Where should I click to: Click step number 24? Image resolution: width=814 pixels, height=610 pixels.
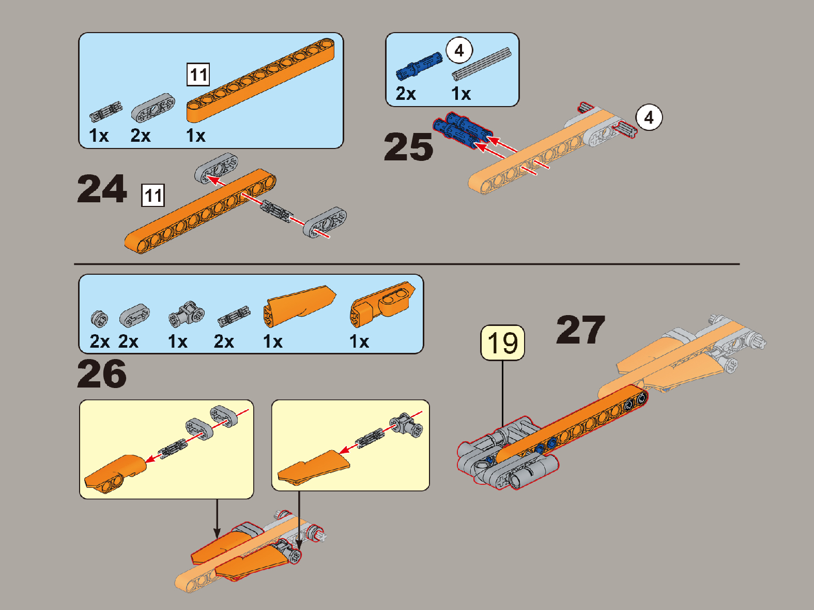coord(102,189)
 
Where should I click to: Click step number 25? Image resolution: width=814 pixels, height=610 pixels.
coord(408,147)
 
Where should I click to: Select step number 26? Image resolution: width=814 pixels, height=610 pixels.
coord(102,374)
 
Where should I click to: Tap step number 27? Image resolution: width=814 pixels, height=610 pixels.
coord(581,330)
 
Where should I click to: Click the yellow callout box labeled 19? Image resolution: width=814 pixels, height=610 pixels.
coord(502,343)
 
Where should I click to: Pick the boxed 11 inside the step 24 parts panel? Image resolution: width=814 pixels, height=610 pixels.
coord(198,75)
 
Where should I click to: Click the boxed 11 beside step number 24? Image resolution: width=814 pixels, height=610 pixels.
coord(153,195)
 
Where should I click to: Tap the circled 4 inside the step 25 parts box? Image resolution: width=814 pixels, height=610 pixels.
coord(459,50)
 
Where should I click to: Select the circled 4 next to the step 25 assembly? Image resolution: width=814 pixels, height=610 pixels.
coord(649,117)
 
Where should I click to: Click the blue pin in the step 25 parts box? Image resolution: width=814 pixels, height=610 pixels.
coord(419,66)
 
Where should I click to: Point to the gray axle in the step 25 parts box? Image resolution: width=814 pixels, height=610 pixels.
coord(481,64)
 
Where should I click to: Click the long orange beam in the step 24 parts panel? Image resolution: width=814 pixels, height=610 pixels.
coord(260,80)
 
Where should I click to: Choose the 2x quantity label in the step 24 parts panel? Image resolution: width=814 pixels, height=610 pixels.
coord(141,136)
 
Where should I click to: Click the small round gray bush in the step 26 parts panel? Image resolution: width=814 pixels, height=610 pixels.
coord(99,319)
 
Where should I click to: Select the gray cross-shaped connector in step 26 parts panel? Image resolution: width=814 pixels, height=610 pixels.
coord(186,314)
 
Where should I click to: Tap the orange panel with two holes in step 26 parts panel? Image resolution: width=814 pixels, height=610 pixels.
coord(382,304)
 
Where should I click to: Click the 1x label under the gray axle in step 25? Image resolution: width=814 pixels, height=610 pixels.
coord(460,94)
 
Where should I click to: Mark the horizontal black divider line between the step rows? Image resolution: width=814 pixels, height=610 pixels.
coord(407,264)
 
